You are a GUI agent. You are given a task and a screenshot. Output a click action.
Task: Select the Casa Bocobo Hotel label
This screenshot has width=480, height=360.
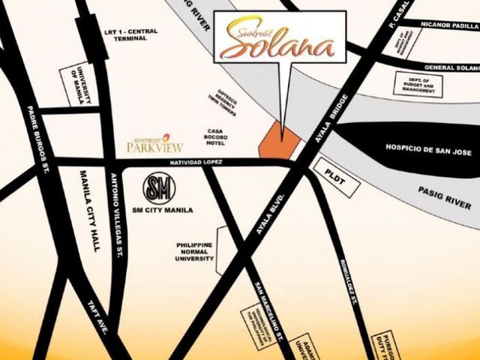click(220, 139)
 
